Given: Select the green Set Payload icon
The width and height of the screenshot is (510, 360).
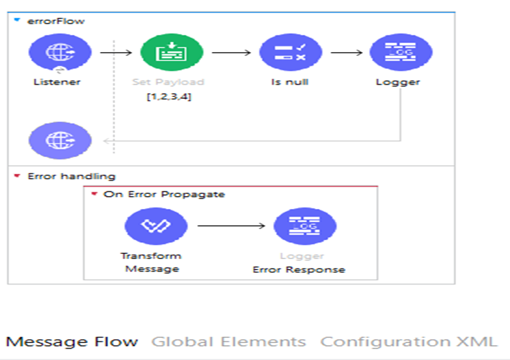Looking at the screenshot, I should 172,53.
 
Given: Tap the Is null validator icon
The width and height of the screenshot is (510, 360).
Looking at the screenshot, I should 290,53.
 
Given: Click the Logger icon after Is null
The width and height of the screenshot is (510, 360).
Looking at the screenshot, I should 401,53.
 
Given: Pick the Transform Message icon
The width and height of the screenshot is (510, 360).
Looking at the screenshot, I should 156,226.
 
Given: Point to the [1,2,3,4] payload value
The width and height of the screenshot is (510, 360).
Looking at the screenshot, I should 169,97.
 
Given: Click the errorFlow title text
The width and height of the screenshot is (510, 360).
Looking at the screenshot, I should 56,21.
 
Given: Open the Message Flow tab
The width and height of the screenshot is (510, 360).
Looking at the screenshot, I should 72,342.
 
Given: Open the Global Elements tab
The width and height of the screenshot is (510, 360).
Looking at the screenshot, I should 228,342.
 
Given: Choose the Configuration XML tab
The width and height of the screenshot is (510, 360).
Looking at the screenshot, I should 409,342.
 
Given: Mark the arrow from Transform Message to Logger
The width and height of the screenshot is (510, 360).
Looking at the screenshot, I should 231,226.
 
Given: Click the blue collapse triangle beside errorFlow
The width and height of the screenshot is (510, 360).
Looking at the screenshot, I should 17,20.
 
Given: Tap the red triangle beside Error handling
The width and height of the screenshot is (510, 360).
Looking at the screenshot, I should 17,176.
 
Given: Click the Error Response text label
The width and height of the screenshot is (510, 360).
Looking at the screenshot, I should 299,270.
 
